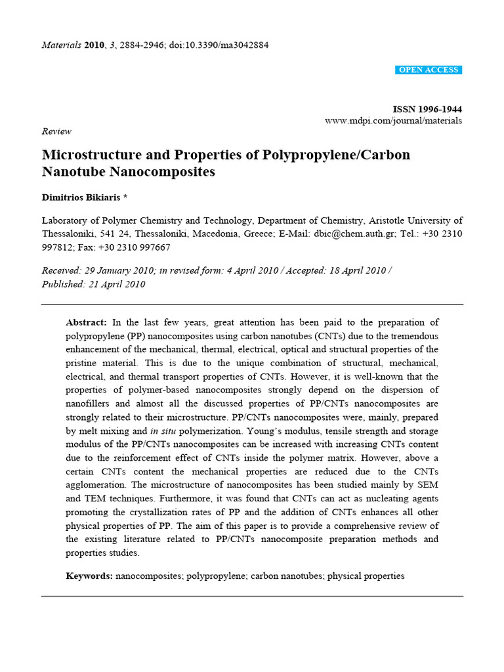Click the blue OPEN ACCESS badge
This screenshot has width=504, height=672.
[429, 70]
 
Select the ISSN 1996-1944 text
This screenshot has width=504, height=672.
[427, 109]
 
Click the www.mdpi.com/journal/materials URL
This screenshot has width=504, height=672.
[393, 121]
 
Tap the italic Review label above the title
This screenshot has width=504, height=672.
[56, 131]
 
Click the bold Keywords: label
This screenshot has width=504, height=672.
[89, 576]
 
